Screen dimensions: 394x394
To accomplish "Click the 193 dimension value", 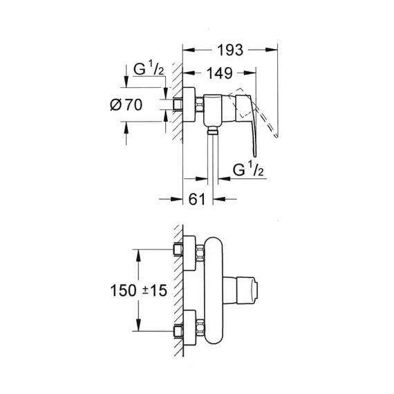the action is pyautogui.click(x=230, y=50).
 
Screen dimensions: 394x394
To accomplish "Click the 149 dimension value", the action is pyautogui.click(x=219, y=73).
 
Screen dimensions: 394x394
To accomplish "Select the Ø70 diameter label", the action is pyautogui.click(x=126, y=105).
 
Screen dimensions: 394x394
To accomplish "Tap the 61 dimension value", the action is pyautogui.click(x=197, y=199).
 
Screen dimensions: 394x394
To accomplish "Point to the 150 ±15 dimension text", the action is pyautogui.click(x=139, y=290).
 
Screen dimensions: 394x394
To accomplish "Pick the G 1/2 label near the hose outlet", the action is pyautogui.click(x=248, y=169).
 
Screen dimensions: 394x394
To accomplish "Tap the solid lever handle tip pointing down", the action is pyautogui.click(x=254, y=156).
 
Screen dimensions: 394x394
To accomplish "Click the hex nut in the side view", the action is pyautogui.click(x=199, y=104).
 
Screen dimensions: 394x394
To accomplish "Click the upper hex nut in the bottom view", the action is pyautogui.click(x=200, y=253).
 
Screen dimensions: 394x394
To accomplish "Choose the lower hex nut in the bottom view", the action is pyautogui.click(x=200, y=328).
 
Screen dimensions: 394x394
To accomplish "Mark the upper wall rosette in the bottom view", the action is pyautogui.click(x=189, y=253).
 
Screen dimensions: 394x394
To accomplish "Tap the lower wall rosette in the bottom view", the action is pyautogui.click(x=189, y=328).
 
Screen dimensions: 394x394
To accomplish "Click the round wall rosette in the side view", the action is pyautogui.click(x=189, y=104).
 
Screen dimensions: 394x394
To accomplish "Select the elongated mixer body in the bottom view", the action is pyautogui.click(x=214, y=290).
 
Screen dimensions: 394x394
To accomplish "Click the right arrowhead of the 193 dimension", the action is pyautogui.click(x=272, y=50).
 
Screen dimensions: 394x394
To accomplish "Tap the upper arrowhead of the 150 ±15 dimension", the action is pyautogui.click(x=138, y=256).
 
